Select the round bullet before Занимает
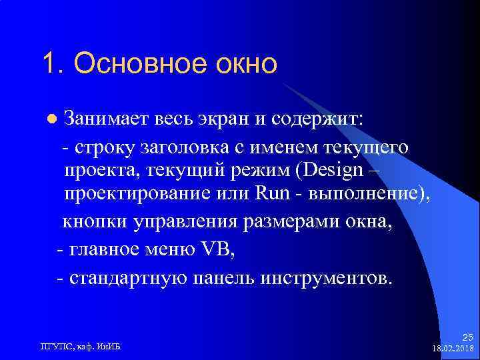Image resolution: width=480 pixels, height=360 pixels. tap(51, 119)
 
